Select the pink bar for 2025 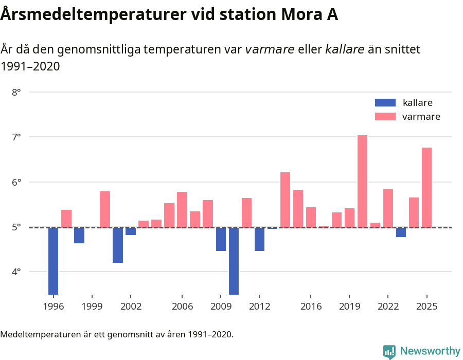[426, 187]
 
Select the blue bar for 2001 [118, 245]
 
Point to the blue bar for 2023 [401, 232]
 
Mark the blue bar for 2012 [259, 239]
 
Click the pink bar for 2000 [105, 209]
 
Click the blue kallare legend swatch [385, 102]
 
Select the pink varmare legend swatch [385, 117]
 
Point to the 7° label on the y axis [16, 137]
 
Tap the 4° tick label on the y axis [16, 272]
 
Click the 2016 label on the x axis [311, 307]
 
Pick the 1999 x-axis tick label [92, 307]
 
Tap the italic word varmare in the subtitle [270, 49]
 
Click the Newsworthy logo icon [389, 351]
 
